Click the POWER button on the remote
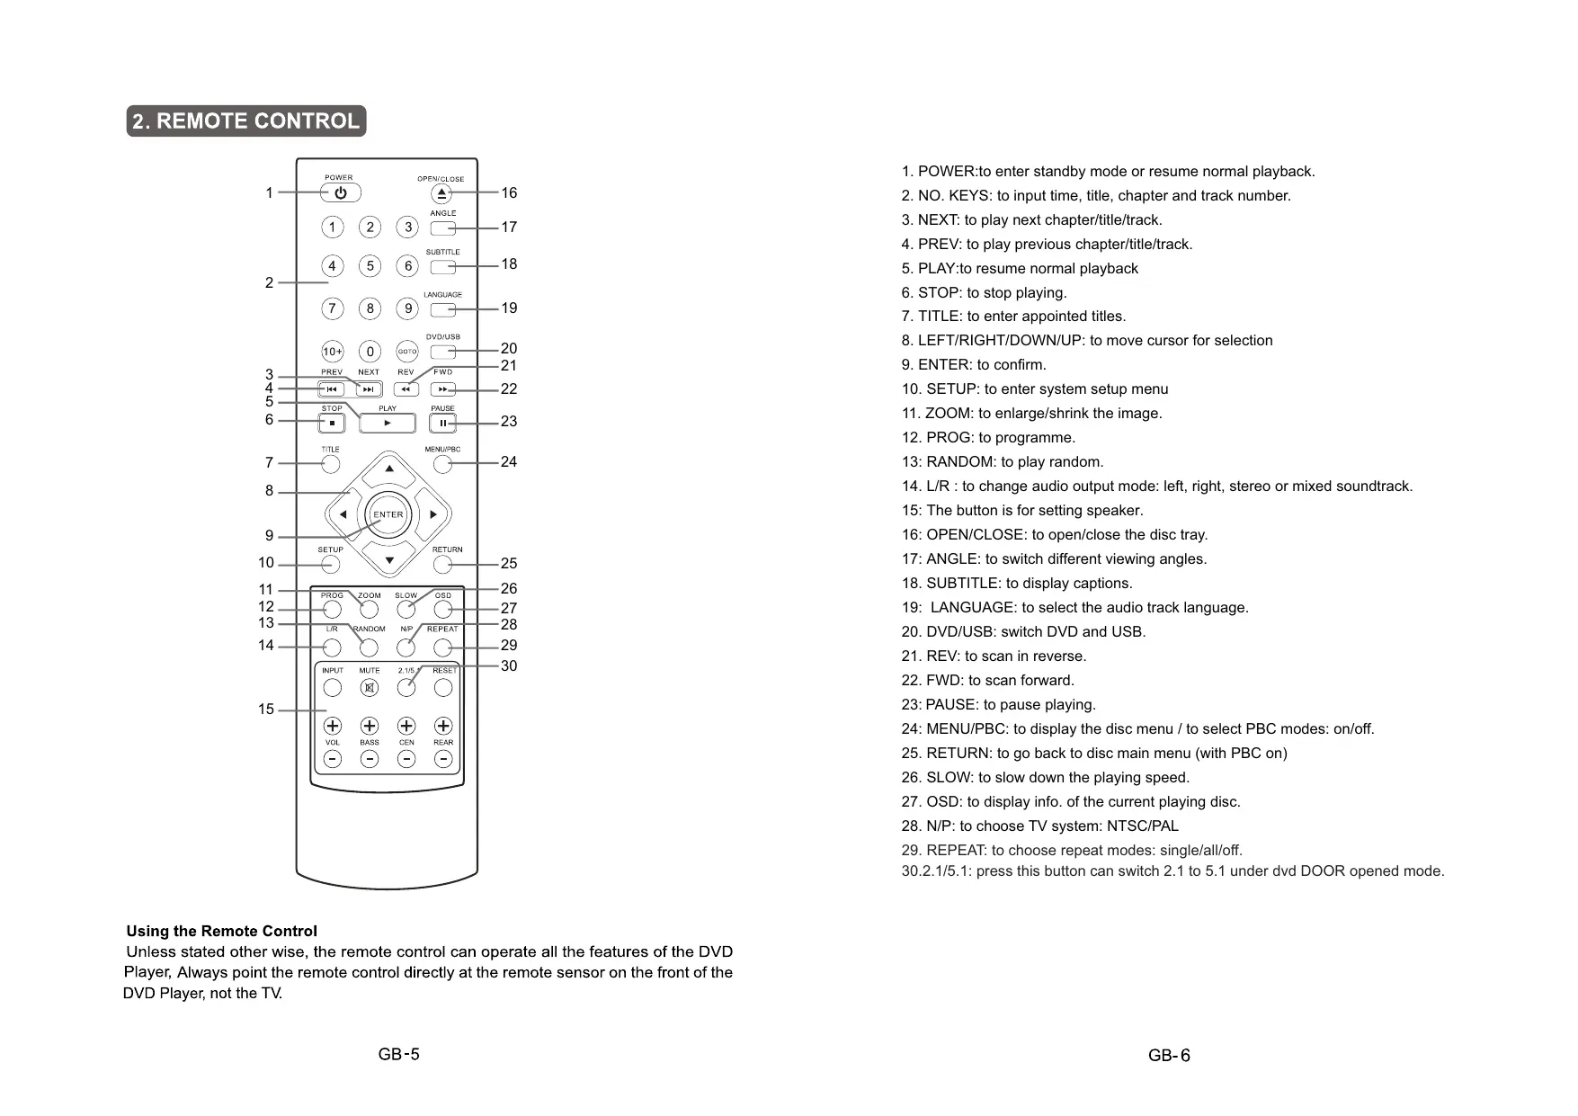click(340, 192)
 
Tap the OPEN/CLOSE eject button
click(442, 193)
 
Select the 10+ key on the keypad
click(332, 352)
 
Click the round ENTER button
click(388, 514)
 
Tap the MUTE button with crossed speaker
click(370, 688)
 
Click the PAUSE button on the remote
click(442, 423)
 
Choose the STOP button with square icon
click(332, 423)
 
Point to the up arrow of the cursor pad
click(389, 469)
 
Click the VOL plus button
click(333, 726)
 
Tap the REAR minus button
click(443, 759)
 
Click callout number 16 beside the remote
click(509, 192)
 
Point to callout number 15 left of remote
click(266, 710)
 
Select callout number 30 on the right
click(509, 665)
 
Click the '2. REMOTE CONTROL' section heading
click(245, 121)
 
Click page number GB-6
click(1169, 1056)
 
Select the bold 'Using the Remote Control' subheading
click(221, 931)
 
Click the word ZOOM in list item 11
click(948, 414)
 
